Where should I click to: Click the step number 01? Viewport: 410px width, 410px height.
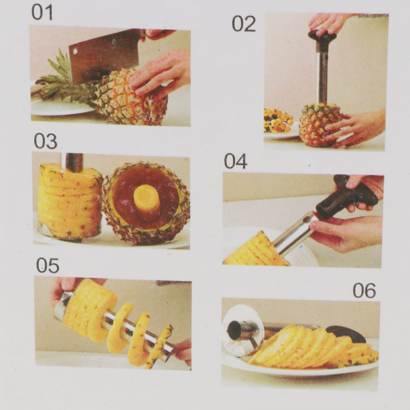pyautogui.click(x=42, y=12)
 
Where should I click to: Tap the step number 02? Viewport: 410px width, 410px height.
pyautogui.click(x=244, y=24)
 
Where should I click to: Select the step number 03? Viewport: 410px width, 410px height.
pyautogui.click(x=46, y=141)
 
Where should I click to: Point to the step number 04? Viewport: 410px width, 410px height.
pyautogui.click(x=235, y=161)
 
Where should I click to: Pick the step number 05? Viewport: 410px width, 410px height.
pyautogui.click(x=48, y=265)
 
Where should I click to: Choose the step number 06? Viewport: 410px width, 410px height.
pyautogui.click(x=364, y=291)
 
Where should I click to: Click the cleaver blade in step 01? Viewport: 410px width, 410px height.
pyautogui.click(x=105, y=55)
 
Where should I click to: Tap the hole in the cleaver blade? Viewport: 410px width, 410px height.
pyautogui.click(x=75, y=51)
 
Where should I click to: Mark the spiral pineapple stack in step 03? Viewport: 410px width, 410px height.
pyautogui.click(x=70, y=201)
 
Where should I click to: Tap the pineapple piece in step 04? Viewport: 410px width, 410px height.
pyautogui.click(x=256, y=251)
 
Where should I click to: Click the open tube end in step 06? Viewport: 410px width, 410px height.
pyautogui.click(x=234, y=330)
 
